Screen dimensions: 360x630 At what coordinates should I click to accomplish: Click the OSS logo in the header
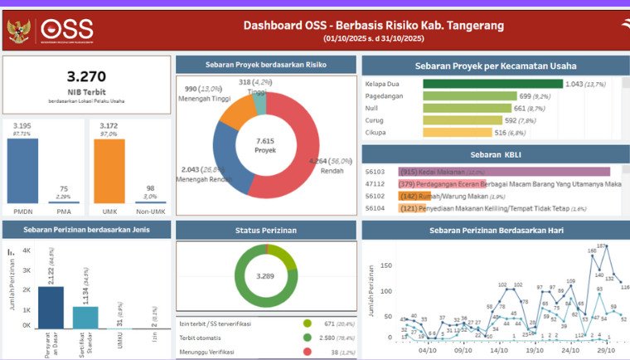[x=66, y=31]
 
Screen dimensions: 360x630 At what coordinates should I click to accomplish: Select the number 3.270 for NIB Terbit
[x=86, y=77]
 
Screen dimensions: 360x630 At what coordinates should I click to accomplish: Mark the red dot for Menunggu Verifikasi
[x=308, y=352]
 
